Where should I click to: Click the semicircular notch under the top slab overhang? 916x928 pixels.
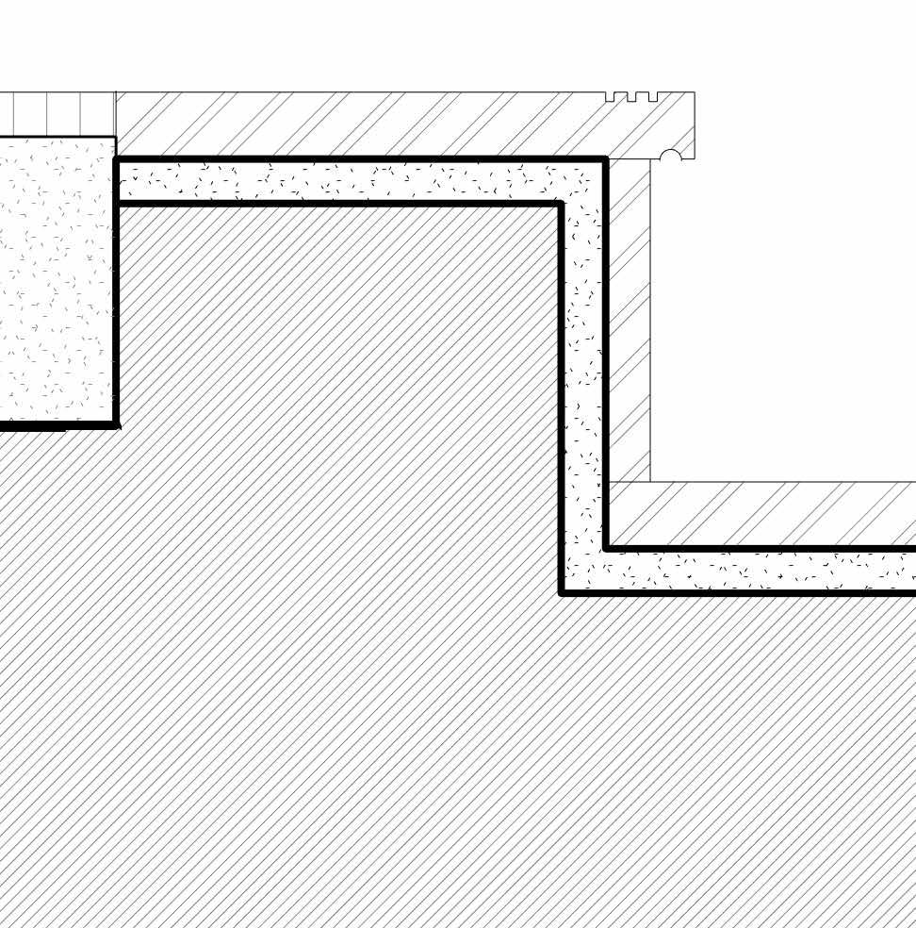(670, 156)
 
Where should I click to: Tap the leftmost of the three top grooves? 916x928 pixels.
(610, 96)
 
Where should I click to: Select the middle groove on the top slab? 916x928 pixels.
(631, 96)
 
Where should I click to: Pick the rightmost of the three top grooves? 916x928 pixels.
(652, 96)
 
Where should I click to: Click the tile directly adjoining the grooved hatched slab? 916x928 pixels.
(98, 114)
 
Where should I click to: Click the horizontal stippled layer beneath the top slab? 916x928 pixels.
(349, 181)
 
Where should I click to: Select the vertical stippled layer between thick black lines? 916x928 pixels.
(583, 377)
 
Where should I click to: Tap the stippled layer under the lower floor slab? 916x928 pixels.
(754, 571)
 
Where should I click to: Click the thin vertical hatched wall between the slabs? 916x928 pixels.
(629, 321)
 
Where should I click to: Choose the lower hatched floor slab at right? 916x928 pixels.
(763, 514)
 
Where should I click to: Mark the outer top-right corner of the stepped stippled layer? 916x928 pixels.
(605, 159)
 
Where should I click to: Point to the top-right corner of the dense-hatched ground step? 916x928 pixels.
(561, 204)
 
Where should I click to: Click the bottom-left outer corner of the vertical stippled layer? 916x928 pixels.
(562, 592)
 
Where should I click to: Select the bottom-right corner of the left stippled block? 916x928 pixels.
(115, 424)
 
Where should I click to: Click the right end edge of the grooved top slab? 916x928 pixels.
(695, 124)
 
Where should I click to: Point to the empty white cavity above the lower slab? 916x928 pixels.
(782, 321)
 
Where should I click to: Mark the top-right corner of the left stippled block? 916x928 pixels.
(115, 139)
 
